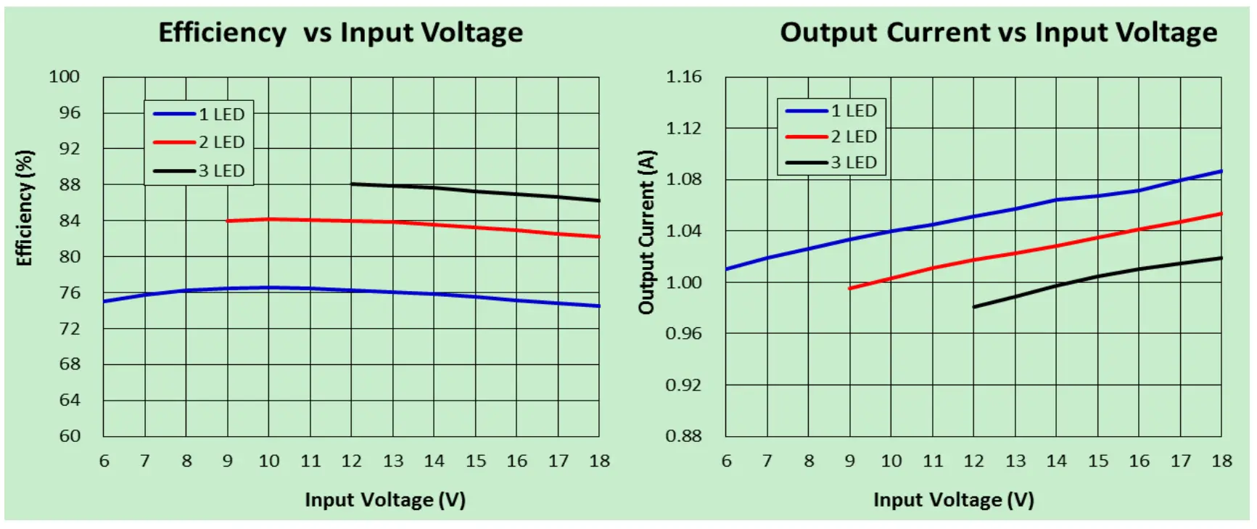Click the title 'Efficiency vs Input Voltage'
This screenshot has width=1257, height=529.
tap(340, 33)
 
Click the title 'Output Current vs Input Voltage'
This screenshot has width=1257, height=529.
tap(998, 33)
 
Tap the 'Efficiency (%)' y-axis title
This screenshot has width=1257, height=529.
tap(25, 208)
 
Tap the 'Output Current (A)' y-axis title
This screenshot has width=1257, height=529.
tap(646, 232)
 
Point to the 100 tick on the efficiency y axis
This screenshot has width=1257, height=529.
tap(64, 77)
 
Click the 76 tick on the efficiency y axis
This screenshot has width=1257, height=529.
tap(70, 292)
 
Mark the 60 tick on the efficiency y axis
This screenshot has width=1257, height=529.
tap(70, 435)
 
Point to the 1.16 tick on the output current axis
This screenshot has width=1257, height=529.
tap(684, 77)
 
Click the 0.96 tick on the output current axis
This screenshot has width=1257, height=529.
tap(684, 333)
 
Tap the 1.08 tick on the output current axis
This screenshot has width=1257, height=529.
tap(684, 179)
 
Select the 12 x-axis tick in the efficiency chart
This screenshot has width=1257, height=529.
tap(352, 461)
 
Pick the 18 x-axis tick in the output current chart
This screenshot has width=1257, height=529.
tap(1222, 461)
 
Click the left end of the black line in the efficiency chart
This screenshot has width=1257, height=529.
tap(352, 184)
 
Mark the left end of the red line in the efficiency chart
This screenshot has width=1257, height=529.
tap(228, 221)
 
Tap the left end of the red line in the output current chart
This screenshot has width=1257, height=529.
tap(849, 288)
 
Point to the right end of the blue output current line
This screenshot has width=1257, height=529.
tap(1221, 171)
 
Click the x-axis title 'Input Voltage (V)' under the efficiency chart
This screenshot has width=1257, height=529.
tap(384, 500)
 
